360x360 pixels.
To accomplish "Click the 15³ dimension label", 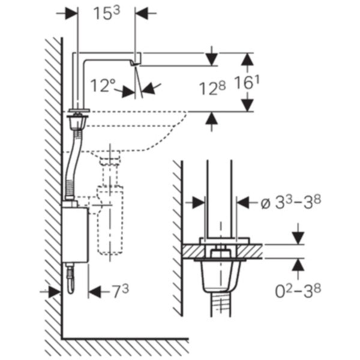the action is pyautogui.click(x=107, y=13).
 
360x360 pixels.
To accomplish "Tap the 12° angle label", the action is pyautogui.click(x=103, y=85).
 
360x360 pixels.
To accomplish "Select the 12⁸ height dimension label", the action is pyautogui.click(x=212, y=88).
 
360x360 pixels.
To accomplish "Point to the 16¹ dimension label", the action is pyautogui.click(x=247, y=82).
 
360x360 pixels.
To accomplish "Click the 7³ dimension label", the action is pyautogui.click(x=121, y=292).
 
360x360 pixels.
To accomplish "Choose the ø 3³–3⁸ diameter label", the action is pyautogui.click(x=290, y=203).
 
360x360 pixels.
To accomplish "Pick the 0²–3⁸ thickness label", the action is pyautogui.click(x=298, y=291).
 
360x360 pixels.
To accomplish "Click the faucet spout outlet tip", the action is pyautogui.click(x=135, y=65).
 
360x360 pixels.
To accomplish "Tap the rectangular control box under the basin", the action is pyautogui.click(x=75, y=235).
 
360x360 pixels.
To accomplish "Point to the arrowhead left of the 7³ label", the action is pyautogui.click(x=95, y=292).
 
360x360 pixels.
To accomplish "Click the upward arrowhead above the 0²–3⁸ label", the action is pyautogui.click(x=298, y=265).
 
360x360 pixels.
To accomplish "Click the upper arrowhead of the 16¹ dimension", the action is pyautogui.click(x=247, y=59).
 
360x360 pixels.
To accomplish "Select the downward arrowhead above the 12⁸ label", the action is pyautogui.click(x=211, y=59).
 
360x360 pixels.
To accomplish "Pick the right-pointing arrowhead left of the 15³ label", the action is pyautogui.click(x=71, y=13).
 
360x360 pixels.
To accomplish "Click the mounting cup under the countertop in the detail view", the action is pyautogui.click(x=220, y=276).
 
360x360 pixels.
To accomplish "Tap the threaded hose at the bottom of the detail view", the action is pyautogui.click(x=220, y=304).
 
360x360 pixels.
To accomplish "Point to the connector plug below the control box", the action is pyautogui.click(x=70, y=278).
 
